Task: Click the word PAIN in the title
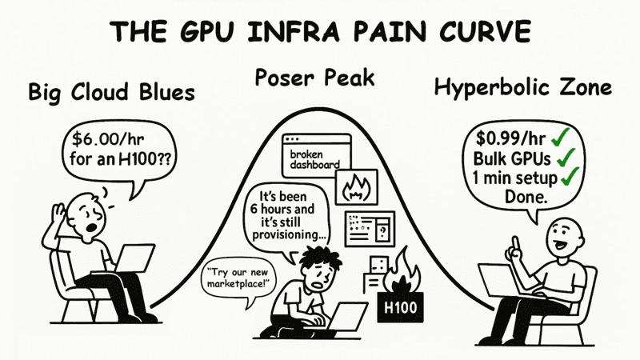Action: coord(391,31)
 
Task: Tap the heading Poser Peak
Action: coord(314,78)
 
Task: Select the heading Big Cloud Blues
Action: coord(111,92)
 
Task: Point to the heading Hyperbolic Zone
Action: coord(523,88)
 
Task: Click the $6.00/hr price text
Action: coord(108,139)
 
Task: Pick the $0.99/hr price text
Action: coord(510,138)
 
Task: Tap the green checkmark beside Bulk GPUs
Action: coord(565,158)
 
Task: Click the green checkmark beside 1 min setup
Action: coord(570,177)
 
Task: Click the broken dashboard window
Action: coord(316,155)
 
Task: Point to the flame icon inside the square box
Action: coord(356,188)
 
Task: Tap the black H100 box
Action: coord(400,307)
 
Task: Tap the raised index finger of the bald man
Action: coord(516,244)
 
